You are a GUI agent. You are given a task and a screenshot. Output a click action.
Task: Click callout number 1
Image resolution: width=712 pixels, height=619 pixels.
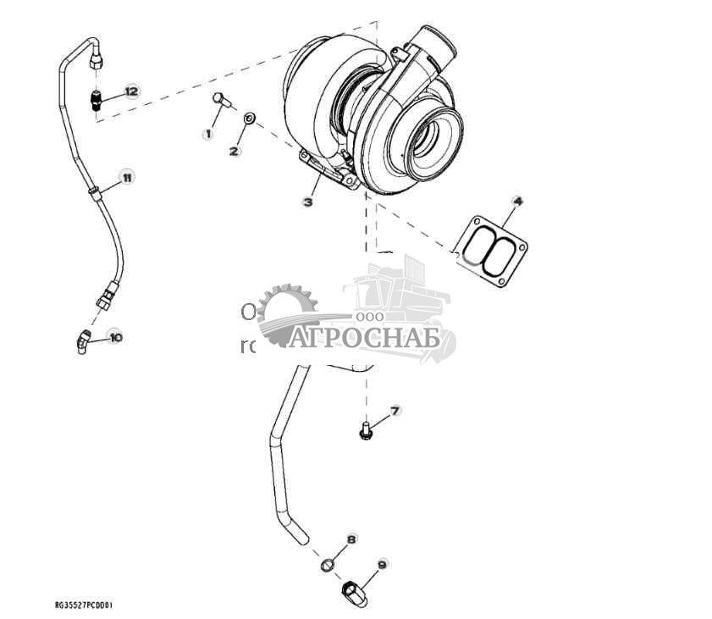click(x=207, y=134)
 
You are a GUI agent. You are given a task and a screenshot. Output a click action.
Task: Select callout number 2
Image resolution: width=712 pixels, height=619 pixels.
click(x=235, y=151)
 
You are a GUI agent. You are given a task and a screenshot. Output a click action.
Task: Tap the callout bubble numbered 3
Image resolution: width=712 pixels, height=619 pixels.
click(x=308, y=202)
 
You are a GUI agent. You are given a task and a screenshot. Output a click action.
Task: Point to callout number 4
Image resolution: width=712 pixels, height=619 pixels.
click(x=517, y=201)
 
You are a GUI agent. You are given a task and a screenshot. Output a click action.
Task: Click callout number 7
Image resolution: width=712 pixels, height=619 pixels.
click(x=395, y=411)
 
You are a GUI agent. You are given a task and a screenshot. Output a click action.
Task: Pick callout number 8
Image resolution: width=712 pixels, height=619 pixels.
click(x=351, y=539)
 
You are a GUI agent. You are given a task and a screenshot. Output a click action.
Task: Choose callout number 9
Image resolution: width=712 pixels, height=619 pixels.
click(x=381, y=564)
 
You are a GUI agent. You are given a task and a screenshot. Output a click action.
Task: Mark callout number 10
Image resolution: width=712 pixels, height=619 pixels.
click(x=115, y=337)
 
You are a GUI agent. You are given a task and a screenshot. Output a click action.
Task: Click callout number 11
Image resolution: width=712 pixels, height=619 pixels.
click(x=125, y=177)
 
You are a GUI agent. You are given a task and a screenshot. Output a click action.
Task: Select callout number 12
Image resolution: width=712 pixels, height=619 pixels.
click(x=130, y=91)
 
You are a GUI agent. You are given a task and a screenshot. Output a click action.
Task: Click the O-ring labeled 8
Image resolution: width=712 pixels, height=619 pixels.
click(x=328, y=565)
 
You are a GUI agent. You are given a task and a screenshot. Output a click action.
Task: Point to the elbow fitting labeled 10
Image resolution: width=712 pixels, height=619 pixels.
click(x=82, y=342)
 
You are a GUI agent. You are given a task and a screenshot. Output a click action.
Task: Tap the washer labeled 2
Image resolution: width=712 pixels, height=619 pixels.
click(x=249, y=119)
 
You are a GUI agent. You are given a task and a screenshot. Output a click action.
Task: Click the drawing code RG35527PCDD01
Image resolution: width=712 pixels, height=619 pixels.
click(x=83, y=605)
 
